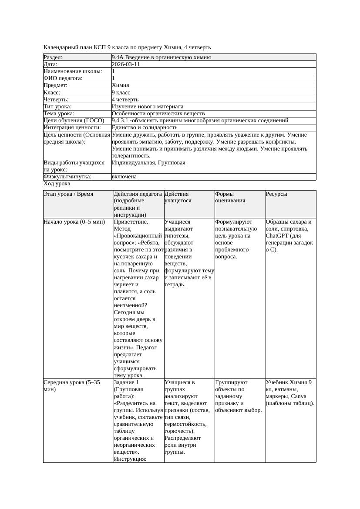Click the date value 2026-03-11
126,64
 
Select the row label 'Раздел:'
53,57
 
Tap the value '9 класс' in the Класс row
121,93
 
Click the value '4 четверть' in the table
125,100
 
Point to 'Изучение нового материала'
148,107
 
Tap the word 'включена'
124,177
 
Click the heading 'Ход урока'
57,184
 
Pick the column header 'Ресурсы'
276,194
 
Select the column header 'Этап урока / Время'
68,194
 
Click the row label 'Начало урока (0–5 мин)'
74,222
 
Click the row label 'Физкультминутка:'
67,177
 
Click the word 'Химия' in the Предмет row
120,86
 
